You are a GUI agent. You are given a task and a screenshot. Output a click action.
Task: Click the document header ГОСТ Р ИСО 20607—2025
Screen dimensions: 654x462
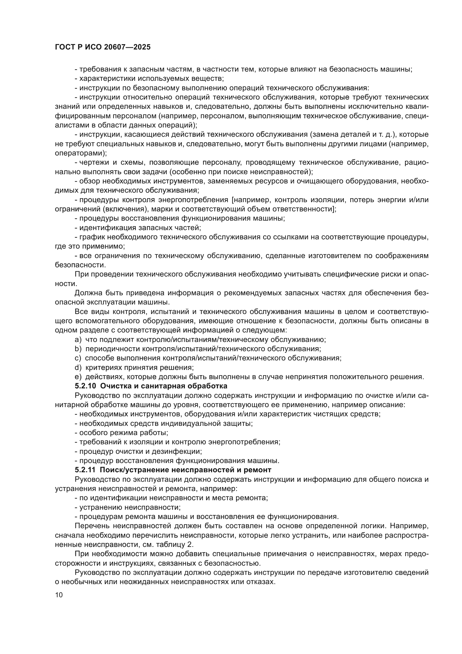click(x=103, y=47)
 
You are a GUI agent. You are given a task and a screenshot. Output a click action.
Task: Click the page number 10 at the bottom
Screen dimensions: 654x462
click(x=59, y=595)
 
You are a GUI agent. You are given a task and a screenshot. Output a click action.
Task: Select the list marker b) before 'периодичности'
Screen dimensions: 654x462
click(x=78, y=349)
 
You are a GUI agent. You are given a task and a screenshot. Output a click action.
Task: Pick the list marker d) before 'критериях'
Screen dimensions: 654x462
click(x=78, y=367)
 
